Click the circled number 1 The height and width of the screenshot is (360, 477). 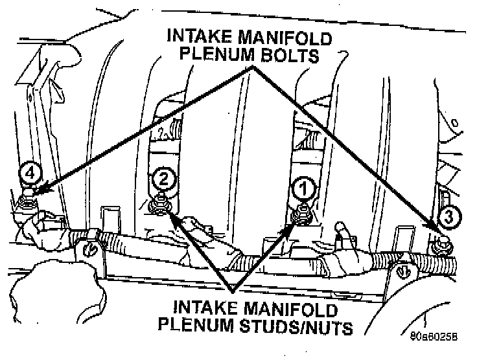pos(303,188)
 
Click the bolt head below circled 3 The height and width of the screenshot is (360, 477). pos(443,243)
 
